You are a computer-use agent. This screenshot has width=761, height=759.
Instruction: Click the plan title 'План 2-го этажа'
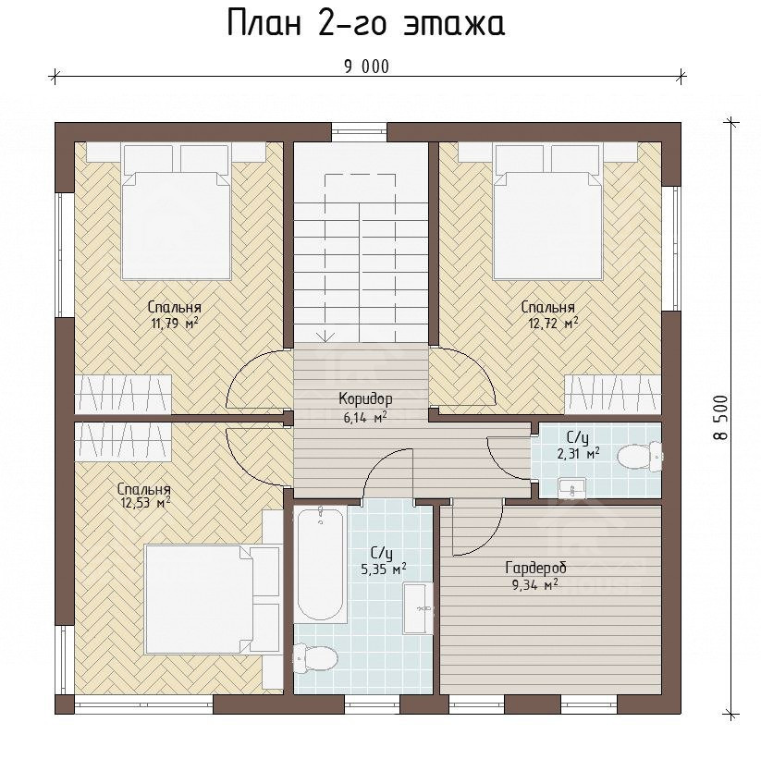click(366, 23)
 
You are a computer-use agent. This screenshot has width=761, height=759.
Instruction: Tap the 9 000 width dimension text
click(367, 67)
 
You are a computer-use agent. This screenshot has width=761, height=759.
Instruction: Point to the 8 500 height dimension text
click(721, 417)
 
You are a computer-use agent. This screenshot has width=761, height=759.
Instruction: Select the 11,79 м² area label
click(175, 324)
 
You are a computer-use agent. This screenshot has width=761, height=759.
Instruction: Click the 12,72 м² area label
click(553, 324)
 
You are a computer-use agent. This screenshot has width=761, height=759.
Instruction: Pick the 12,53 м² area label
click(144, 503)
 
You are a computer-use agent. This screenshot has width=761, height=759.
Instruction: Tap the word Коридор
click(365, 399)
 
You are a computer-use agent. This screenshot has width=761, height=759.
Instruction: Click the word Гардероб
click(535, 568)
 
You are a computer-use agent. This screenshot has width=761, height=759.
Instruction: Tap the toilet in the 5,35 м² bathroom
click(315, 658)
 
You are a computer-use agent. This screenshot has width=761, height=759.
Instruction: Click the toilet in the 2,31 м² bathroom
click(641, 456)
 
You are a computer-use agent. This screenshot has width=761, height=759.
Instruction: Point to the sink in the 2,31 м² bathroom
click(572, 488)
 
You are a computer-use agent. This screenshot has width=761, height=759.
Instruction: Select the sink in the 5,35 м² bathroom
click(418, 608)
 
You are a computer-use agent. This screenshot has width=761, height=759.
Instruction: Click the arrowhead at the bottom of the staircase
click(325, 336)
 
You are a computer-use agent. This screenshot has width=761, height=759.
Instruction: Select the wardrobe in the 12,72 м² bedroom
click(614, 394)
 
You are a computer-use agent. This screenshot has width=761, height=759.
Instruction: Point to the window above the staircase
click(359, 131)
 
